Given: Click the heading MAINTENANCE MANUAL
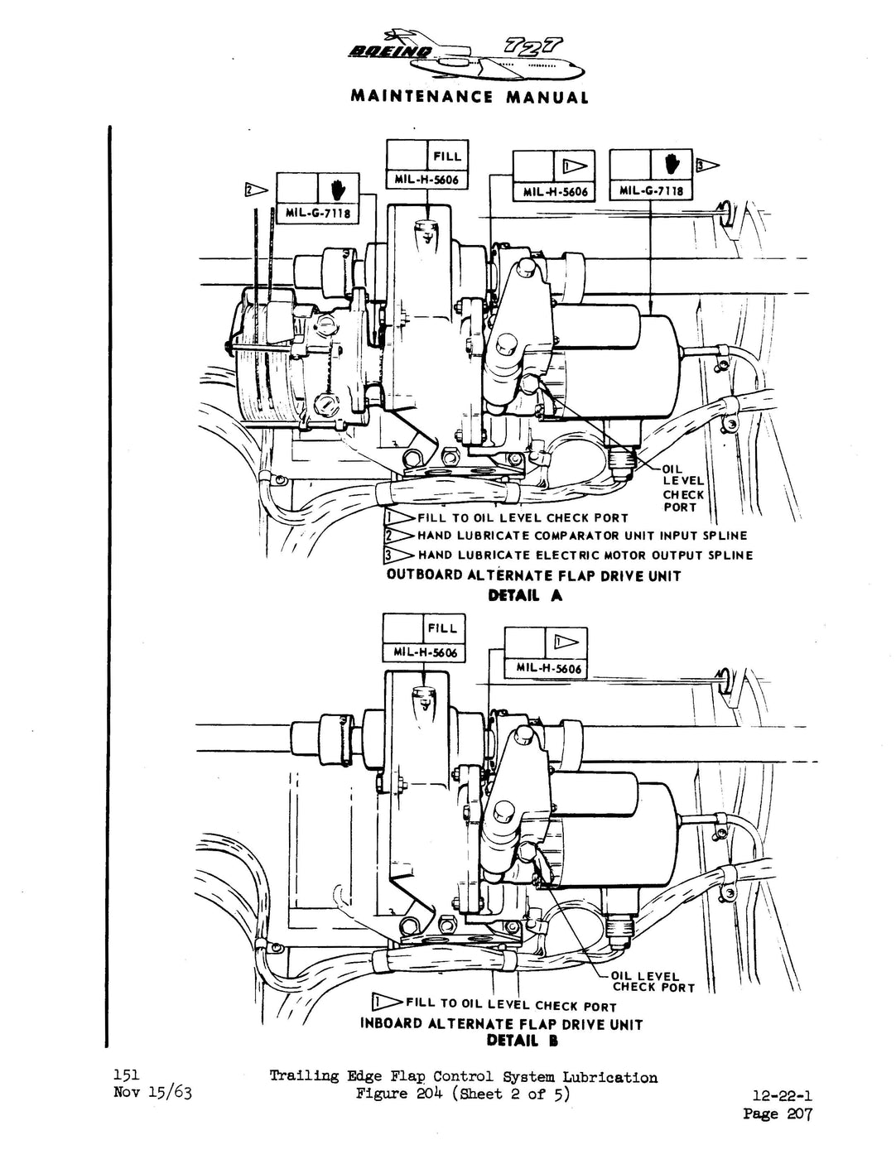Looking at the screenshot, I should tap(470, 97).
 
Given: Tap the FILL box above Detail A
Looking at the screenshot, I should tap(446, 156).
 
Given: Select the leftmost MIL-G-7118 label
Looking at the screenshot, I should tap(319, 214).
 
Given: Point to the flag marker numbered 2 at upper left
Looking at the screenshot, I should tap(255, 190).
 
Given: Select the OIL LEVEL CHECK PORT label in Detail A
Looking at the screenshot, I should tap(682, 488).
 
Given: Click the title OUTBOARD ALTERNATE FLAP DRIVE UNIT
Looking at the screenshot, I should tap(533, 575).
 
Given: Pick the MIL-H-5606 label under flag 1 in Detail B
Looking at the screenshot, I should tap(548, 668).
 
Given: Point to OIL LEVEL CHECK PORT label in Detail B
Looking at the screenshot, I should tap(653, 982).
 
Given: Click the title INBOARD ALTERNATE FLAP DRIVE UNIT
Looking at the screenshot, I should tap(501, 1024).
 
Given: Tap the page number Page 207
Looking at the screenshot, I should tap(778, 1113).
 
